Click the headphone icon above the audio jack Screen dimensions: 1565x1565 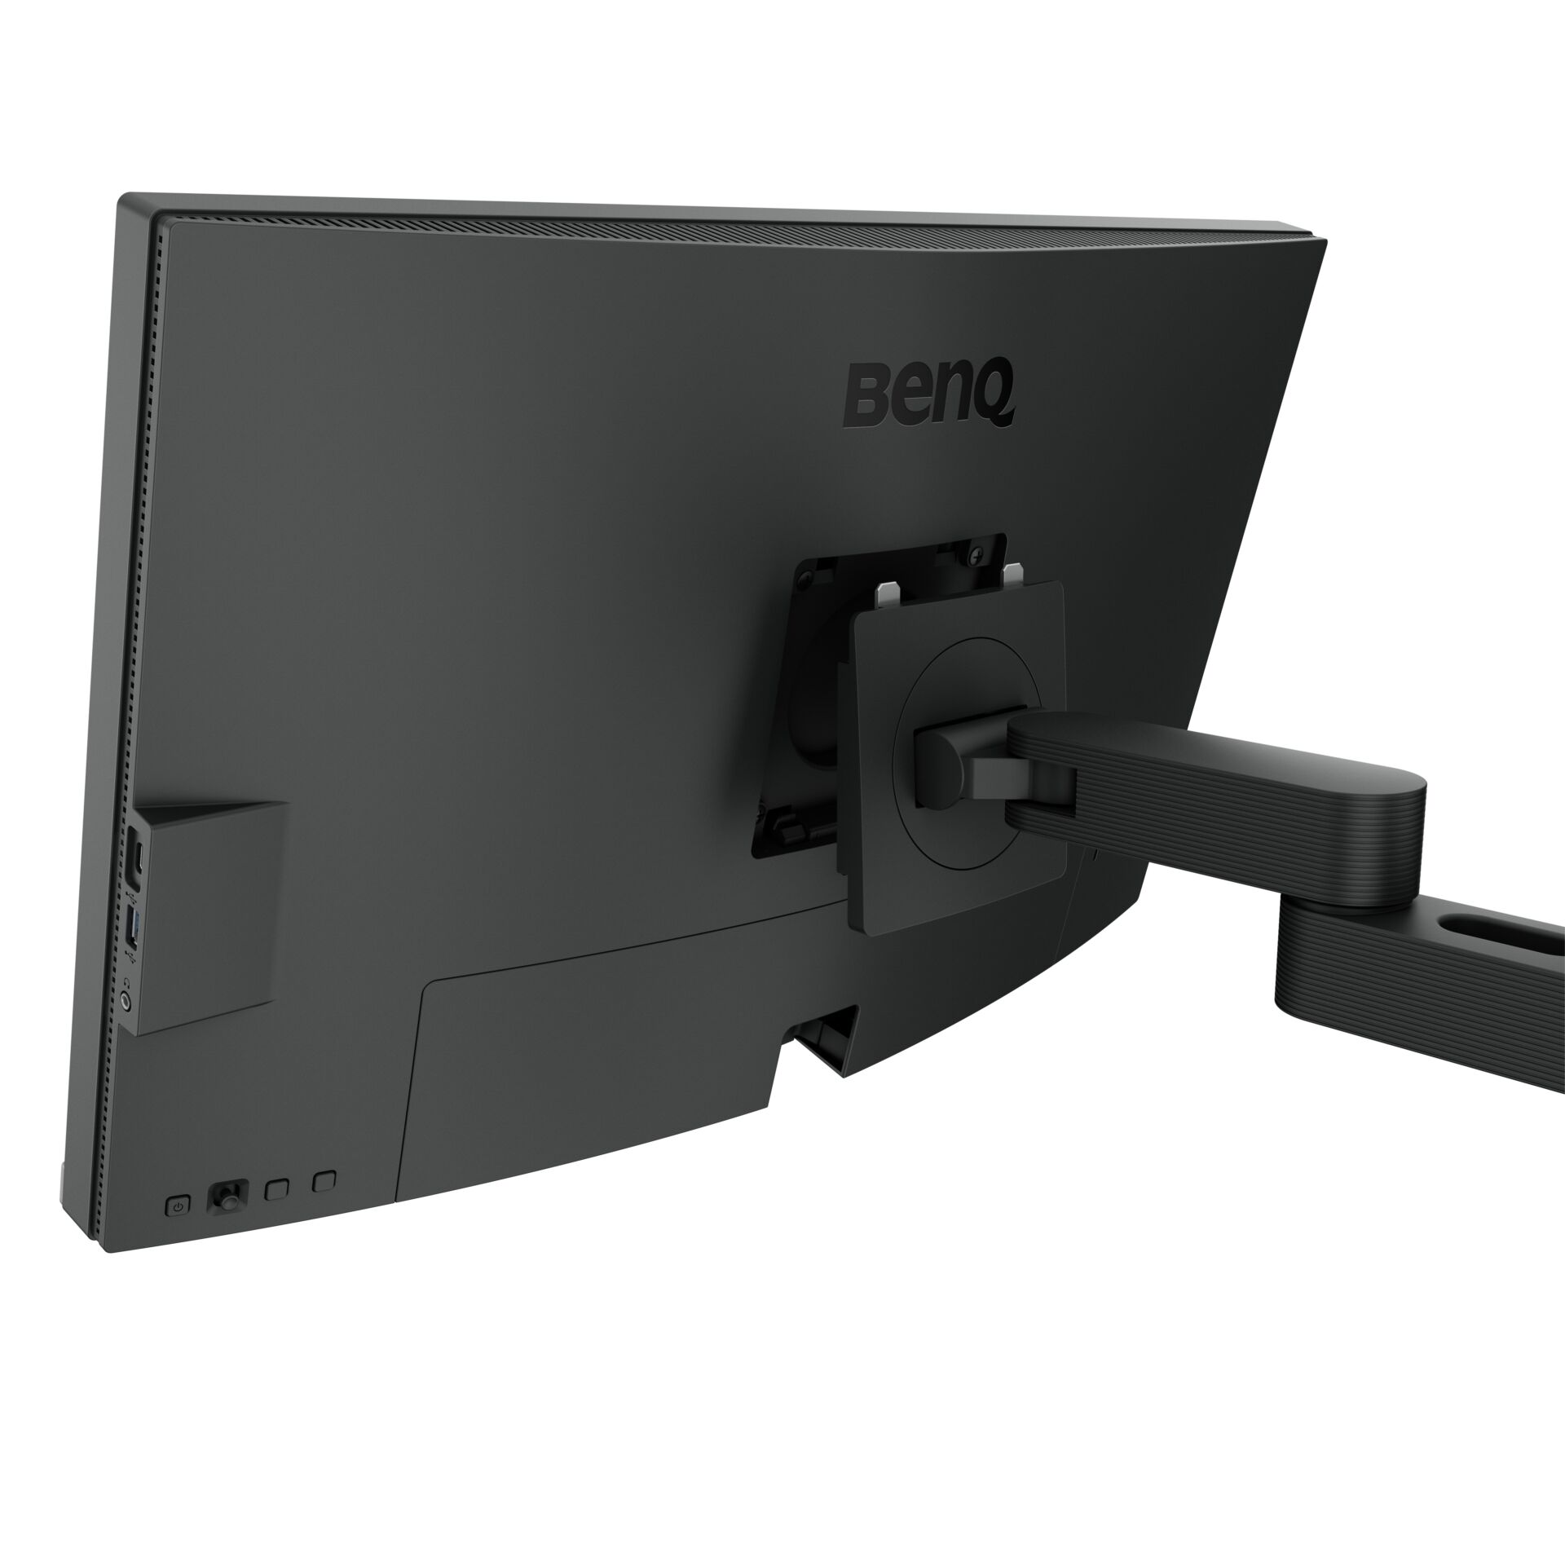[128, 975]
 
